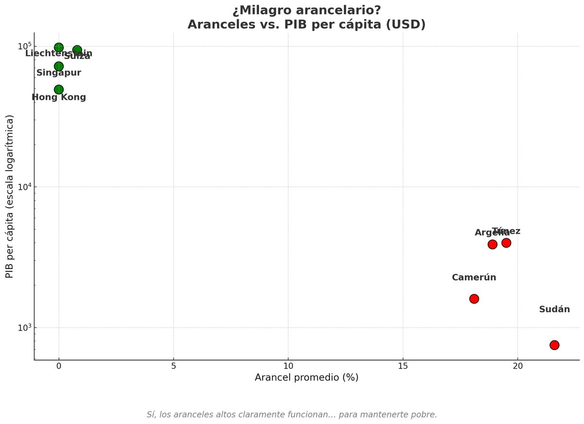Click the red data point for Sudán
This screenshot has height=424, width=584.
(x=554, y=345)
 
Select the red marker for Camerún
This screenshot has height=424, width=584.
(x=474, y=299)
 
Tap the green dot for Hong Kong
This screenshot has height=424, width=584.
(x=59, y=89)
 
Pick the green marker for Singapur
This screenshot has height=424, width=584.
(x=59, y=66)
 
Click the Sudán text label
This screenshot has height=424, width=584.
(x=554, y=309)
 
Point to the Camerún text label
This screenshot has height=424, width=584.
(x=474, y=278)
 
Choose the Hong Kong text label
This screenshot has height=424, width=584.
(x=59, y=97)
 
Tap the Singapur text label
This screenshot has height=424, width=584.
(x=59, y=73)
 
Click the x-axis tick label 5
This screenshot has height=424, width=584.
(x=174, y=366)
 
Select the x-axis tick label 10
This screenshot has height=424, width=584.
(x=288, y=366)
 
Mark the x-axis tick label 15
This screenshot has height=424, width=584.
(x=403, y=366)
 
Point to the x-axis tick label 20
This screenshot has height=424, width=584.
(x=517, y=366)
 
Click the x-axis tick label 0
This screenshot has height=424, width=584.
(x=59, y=366)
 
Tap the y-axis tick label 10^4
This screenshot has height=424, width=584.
(x=24, y=186)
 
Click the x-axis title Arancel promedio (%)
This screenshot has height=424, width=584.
(x=307, y=377)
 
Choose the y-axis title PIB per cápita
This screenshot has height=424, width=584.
(x=9, y=196)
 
